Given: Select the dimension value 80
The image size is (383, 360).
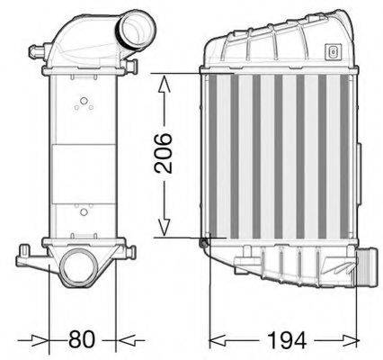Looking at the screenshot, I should coord(82,339).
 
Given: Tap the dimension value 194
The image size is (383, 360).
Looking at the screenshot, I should coord(287,339).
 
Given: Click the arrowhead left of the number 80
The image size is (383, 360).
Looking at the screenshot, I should coord(40,339).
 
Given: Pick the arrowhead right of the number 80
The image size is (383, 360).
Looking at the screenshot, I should coord(126,339).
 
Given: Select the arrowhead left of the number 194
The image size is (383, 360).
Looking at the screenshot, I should coord(217,339).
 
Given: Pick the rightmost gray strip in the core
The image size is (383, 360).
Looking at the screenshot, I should coord(334,157).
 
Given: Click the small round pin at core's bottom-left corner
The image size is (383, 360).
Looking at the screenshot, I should coord(203,239).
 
